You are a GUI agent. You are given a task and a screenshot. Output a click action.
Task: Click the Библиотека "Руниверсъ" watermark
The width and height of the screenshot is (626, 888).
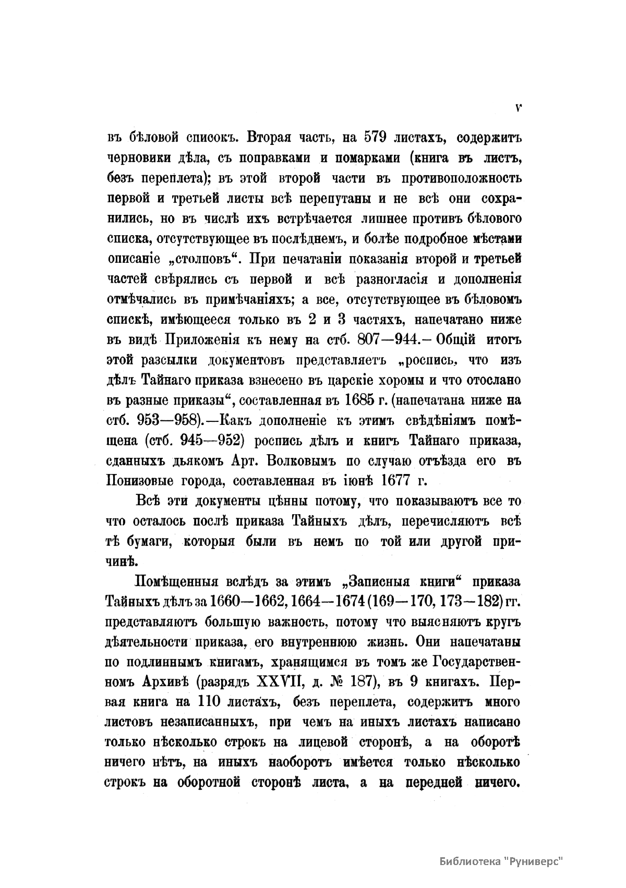click(502, 860)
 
